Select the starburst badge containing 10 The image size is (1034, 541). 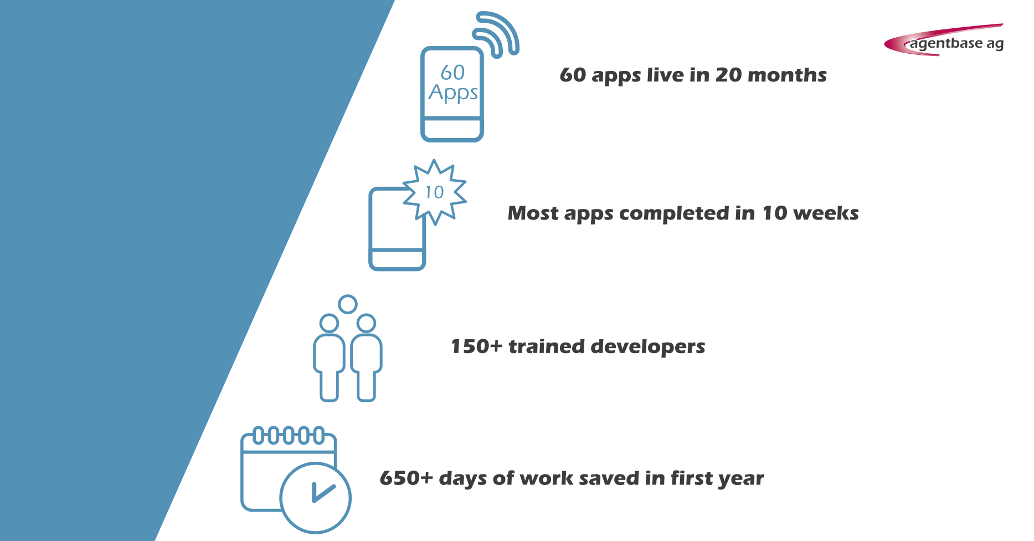[435, 192]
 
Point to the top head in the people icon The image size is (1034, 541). [348, 304]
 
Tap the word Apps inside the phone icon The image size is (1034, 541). [453, 93]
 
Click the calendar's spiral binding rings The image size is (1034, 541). [288, 436]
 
